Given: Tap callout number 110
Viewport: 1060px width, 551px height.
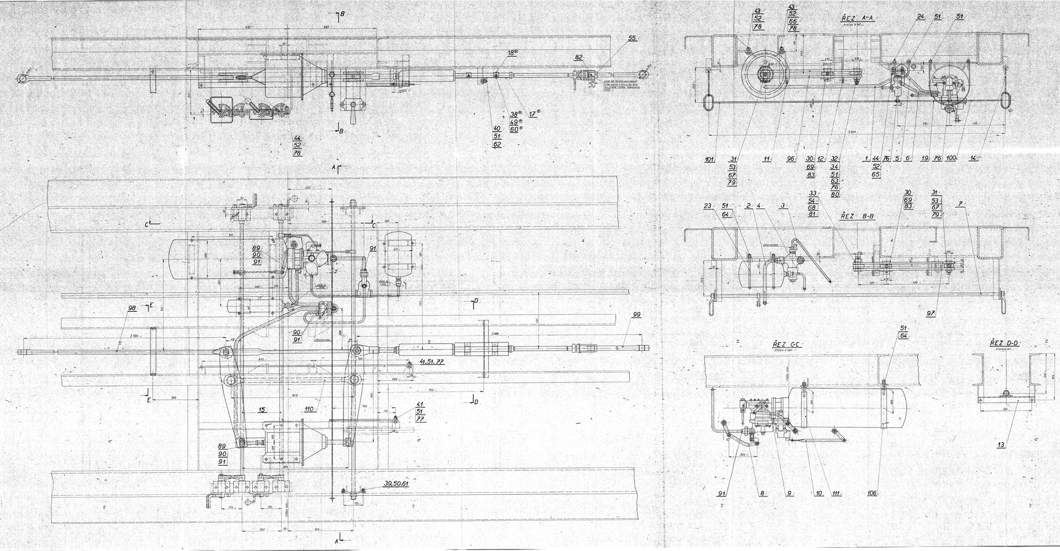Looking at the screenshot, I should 310,409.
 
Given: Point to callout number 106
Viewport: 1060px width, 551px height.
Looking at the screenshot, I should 872,493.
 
